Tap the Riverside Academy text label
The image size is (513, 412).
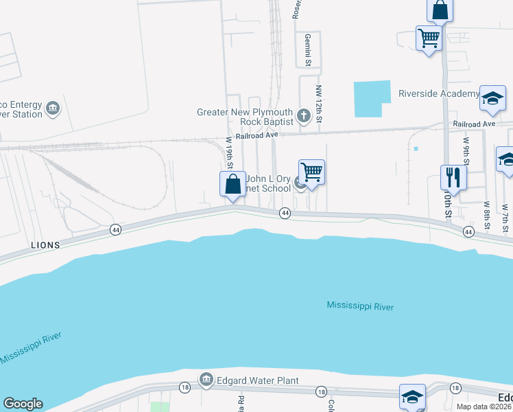(439, 94)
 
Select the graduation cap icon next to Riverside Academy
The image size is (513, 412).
(492, 99)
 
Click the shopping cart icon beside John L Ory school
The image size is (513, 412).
(311, 172)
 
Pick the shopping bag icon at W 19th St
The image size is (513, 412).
(232, 185)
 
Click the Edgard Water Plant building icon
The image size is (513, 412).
(206, 379)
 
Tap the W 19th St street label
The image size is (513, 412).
(230, 152)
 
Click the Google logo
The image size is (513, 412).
(23, 404)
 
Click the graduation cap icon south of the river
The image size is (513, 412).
(412, 397)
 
